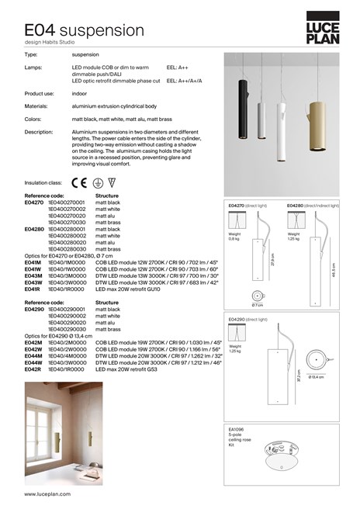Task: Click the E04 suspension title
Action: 80,30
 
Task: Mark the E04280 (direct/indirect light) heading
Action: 313,206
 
